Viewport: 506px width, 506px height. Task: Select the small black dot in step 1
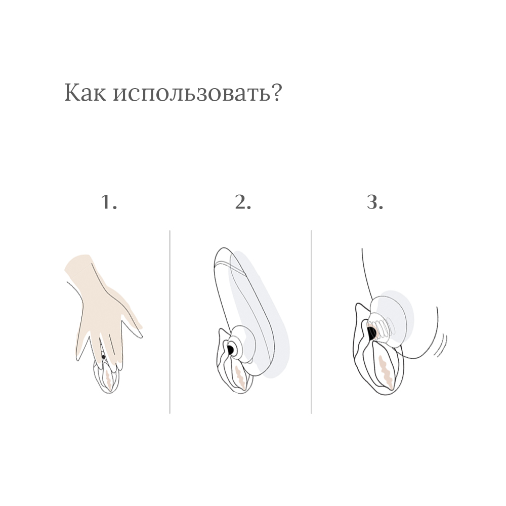pyautogui.click(x=103, y=357)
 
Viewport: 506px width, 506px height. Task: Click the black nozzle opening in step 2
pyautogui.click(x=230, y=349)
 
